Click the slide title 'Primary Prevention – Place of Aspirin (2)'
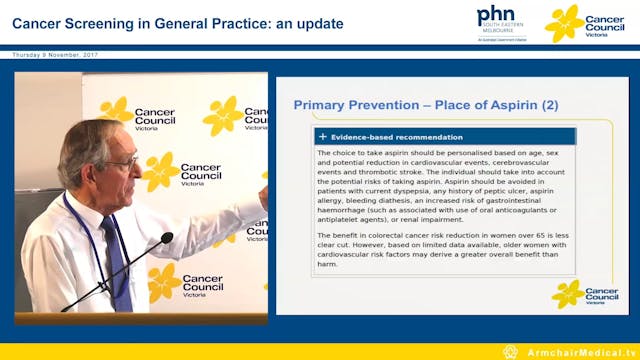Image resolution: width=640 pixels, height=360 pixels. pyautogui.click(x=426, y=105)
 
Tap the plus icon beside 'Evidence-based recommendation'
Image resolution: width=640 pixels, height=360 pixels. pyautogui.click(x=322, y=137)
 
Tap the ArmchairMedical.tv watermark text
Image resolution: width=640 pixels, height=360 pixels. pyautogui.click(x=577, y=352)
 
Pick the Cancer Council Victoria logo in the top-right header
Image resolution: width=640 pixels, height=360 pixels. pyautogui.click(x=588, y=22)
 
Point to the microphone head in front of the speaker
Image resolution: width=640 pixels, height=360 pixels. pyautogui.click(x=166, y=238)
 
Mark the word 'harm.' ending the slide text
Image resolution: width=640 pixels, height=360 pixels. pyautogui.click(x=329, y=266)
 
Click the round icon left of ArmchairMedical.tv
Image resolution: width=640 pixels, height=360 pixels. pyautogui.click(x=510, y=352)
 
